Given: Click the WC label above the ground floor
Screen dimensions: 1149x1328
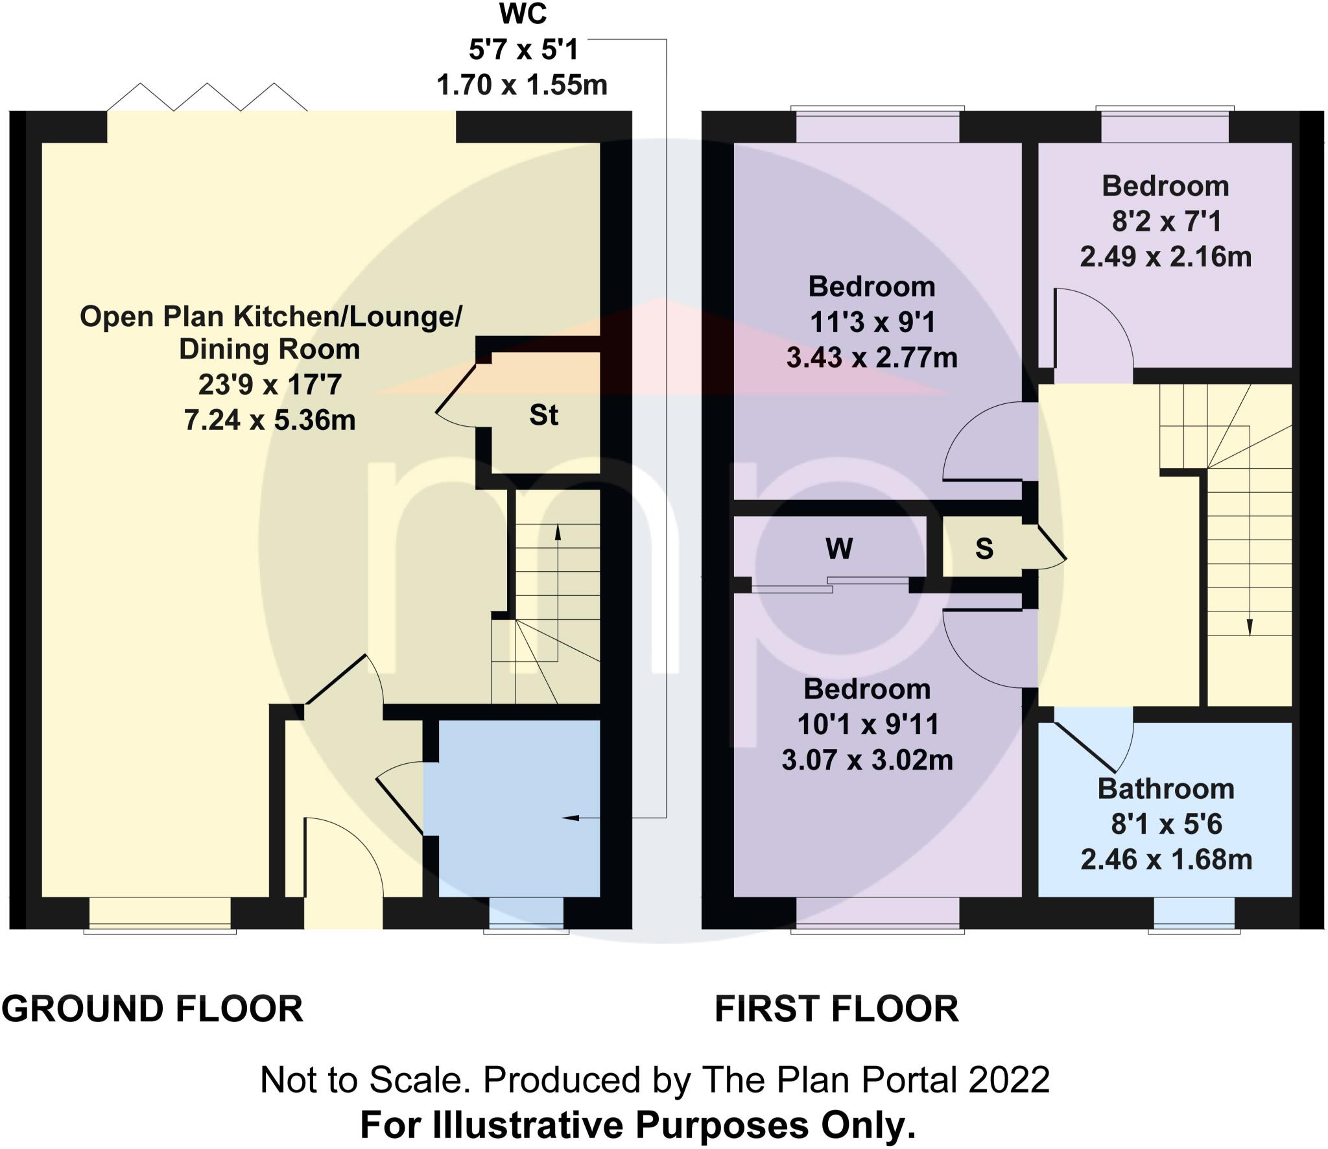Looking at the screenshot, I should coord(523,14).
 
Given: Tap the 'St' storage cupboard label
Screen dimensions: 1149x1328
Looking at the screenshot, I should coord(543,416).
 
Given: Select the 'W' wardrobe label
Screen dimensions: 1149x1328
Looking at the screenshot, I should coord(839,549).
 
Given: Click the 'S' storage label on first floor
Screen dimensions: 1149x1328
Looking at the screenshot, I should coord(984,549).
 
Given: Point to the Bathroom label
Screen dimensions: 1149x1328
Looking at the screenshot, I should coord(1166,789).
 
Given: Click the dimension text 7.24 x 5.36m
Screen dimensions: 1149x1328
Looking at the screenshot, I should coord(270,420).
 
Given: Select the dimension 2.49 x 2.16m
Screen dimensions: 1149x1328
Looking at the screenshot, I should coord(1165,257).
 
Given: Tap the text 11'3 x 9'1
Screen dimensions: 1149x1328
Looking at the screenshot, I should coord(871,322).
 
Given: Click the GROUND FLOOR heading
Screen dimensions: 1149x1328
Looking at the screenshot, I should coord(152,1009).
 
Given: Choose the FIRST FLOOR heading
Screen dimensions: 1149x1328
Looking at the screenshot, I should coord(836,1009).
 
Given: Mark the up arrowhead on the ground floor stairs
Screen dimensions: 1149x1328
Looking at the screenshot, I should coord(558,532).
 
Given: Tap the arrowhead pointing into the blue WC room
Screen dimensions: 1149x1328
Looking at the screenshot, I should coord(569,818).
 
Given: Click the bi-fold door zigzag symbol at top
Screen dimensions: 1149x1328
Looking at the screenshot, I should coord(207,97).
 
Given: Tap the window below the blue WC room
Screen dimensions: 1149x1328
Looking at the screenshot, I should coord(526,914).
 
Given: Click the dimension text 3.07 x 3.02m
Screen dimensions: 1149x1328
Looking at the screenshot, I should coord(867,760).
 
